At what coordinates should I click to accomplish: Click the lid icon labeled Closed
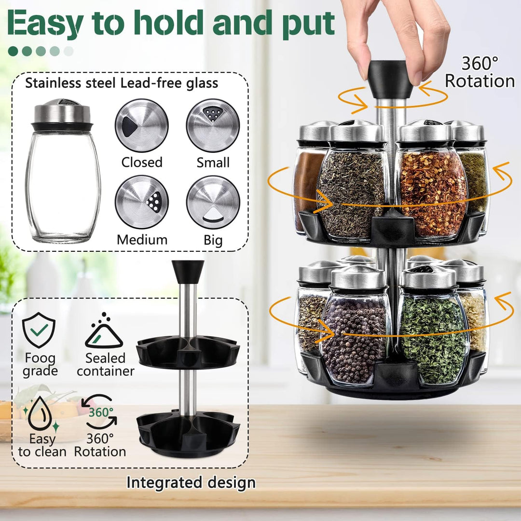click(x=141, y=125)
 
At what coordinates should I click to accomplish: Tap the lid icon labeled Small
click(x=213, y=125)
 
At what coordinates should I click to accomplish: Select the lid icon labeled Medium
click(x=141, y=202)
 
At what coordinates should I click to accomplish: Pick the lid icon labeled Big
click(x=213, y=202)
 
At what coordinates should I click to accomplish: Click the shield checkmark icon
click(x=39, y=330)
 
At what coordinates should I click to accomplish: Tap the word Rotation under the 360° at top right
click(x=480, y=81)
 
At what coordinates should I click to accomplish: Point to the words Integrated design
click(x=191, y=482)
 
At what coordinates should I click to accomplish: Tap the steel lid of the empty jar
click(x=62, y=112)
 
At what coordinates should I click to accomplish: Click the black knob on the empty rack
click(x=188, y=271)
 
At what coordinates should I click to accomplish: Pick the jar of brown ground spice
click(x=308, y=186)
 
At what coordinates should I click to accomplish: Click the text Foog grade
click(x=41, y=365)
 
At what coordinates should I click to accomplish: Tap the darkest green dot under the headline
click(x=14, y=51)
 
